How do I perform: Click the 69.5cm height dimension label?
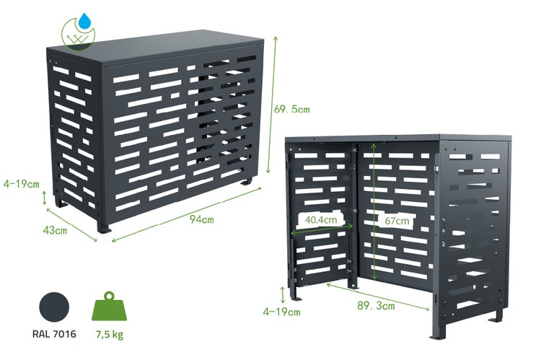292,110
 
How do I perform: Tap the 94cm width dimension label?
201,219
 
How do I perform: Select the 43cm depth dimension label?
55,230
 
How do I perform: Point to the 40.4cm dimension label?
321,219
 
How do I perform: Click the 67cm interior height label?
397,221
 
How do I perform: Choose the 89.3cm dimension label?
376,306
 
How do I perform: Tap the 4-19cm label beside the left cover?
22,184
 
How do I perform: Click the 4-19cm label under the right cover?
281,312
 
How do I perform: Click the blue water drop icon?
84,21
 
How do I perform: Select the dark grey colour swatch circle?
54,307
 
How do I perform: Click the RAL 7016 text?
54,334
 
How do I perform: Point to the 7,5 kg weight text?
110,335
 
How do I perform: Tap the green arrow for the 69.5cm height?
272,105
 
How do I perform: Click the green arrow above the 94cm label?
187,214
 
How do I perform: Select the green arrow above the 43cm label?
71,224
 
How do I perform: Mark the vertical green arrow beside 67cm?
374,212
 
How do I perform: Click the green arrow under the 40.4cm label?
322,230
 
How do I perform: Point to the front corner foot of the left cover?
103,227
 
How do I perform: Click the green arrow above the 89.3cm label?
378,297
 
